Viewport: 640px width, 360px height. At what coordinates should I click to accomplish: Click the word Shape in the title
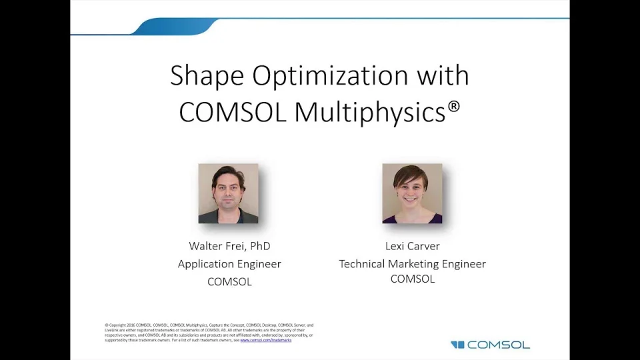pos(207,76)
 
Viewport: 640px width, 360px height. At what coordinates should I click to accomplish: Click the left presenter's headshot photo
pos(228,193)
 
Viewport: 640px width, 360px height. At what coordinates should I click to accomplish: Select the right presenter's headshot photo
pos(412,193)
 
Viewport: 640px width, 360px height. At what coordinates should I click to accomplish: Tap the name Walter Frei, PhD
pos(229,246)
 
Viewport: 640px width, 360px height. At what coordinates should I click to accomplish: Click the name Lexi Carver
pos(413,246)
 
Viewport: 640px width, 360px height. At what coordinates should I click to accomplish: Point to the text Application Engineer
pos(229,264)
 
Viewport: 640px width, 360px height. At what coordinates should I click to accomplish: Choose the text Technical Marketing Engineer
pos(413,264)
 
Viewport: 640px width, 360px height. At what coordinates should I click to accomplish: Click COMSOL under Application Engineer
pos(229,282)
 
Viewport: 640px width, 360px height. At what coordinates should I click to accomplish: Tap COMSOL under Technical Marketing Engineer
pos(413,279)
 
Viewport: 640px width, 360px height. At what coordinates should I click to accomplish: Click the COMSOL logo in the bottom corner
pos(490,345)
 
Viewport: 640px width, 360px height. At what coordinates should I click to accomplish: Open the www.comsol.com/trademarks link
pos(265,340)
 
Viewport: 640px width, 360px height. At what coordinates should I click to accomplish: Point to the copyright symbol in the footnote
pos(107,325)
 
